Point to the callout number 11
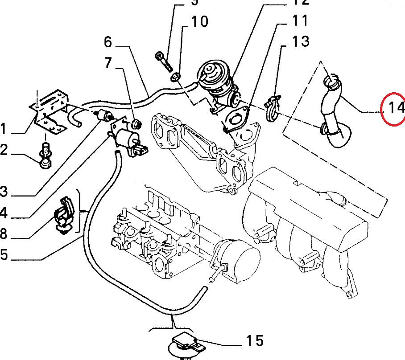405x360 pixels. click(300, 20)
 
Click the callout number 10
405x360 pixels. click(199, 21)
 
